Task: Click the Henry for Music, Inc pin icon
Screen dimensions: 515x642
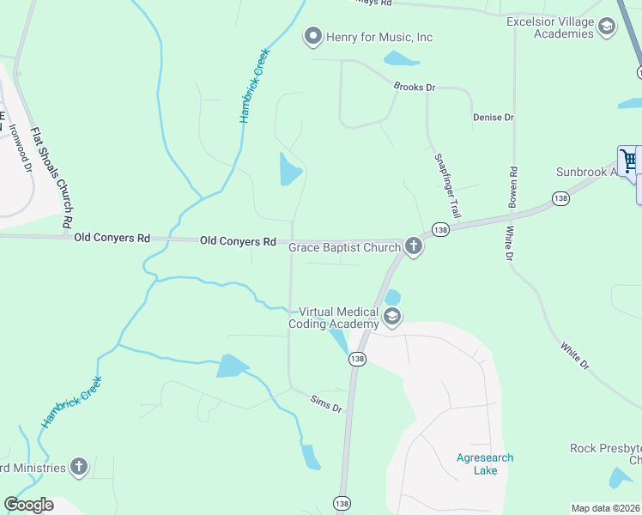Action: pyautogui.click(x=312, y=37)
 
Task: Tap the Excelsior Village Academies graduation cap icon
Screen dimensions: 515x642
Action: pyautogui.click(x=607, y=27)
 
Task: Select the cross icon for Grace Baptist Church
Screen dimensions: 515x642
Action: pyautogui.click(x=414, y=248)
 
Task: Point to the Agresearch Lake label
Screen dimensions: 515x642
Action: pyautogui.click(x=485, y=464)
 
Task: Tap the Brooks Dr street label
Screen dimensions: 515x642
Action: pyautogui.click(x=415, y=88)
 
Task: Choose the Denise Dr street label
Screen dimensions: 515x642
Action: pyautogui.click(x=493, y=117)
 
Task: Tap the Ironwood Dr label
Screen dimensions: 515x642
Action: pyautogui.click(x=21, y=150)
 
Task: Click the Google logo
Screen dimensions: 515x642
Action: pyautogui.click(x=28, y=505)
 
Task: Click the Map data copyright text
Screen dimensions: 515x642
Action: pyautogui.click(x=606, y=508)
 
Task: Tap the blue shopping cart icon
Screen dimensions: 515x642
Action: pyautogui.click(x=628, y=161)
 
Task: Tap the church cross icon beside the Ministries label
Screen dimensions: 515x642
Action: pyautogui.click(x=78, y=468)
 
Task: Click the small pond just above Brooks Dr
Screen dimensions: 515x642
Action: pyautogui.click(x=399, y=59)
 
